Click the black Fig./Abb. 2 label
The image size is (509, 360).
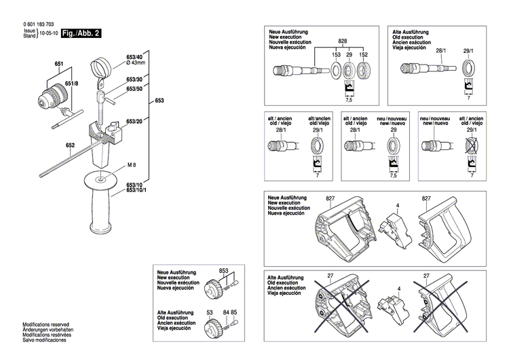[x=81, y=33]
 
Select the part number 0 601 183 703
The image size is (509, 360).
[x=43, y=24]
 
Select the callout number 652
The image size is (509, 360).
[x=70, y=145]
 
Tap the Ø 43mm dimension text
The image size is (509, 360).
[x=136, y=62]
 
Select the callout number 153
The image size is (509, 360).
[x=336, y=54]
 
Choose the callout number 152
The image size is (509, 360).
[x=363, y=54]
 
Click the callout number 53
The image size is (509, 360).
[x=210, y=312]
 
